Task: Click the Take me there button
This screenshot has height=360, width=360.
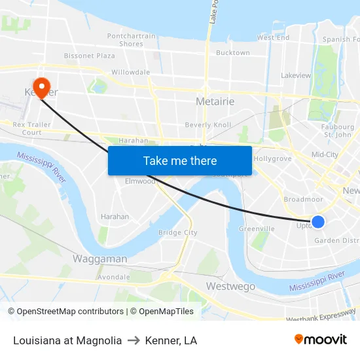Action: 180,160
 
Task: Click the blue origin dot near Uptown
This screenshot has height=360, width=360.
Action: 318,222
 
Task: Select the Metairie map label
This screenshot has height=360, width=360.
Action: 215,101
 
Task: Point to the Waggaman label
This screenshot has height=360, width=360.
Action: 99,259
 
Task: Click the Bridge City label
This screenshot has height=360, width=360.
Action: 177,232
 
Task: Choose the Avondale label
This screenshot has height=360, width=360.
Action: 113,277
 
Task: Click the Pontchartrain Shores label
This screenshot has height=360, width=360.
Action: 131,40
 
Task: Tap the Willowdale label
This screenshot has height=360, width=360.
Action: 130,72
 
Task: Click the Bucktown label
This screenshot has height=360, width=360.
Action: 232,52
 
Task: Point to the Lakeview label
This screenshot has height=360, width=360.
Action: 296,75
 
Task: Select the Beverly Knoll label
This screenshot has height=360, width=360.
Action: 207,124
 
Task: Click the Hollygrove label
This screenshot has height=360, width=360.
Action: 272,158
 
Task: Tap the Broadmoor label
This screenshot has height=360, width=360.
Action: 303,199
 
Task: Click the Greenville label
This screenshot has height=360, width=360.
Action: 257,228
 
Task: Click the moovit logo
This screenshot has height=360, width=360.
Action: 321,339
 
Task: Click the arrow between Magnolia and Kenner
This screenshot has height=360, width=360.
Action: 134,340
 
